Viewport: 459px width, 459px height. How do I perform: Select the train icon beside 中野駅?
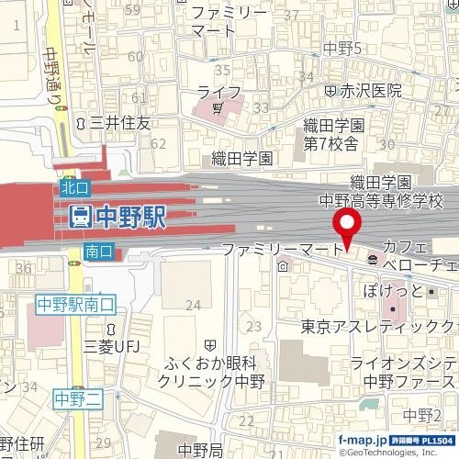(80, 218)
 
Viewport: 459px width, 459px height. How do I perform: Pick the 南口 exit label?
(97, 251)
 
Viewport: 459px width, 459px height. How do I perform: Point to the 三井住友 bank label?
(118, 122)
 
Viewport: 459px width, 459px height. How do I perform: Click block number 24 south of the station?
(192, 305)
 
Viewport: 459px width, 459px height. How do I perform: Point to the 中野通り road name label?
(51, 76)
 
